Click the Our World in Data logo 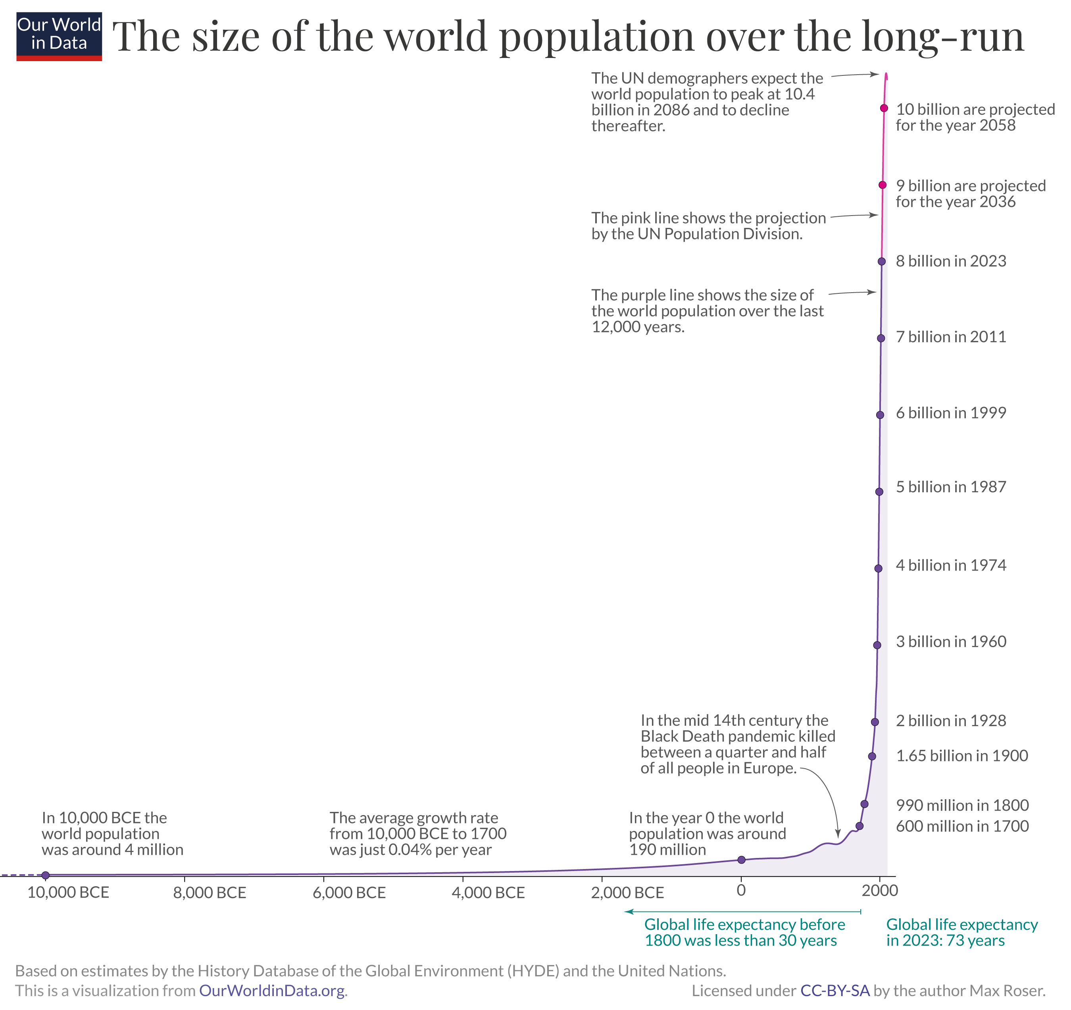click(x=59, y=36)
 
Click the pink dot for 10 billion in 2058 click(x=884, y=108)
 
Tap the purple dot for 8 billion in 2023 click(x=881, y=261)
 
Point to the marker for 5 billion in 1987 click(x=879, y=492)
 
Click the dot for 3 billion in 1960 click(x=877, y=645)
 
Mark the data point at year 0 click(x=741, y=860)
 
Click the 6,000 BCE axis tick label click(x=349, y=893)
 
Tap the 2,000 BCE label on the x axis click(x=628, y=893)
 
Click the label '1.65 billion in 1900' click(x=961, y=756)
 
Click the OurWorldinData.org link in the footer click(x=272, y=991)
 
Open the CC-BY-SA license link click(x=834, y=991)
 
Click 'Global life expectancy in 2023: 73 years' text click(x=961, y=933)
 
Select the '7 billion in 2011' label click(x=951, y=337)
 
